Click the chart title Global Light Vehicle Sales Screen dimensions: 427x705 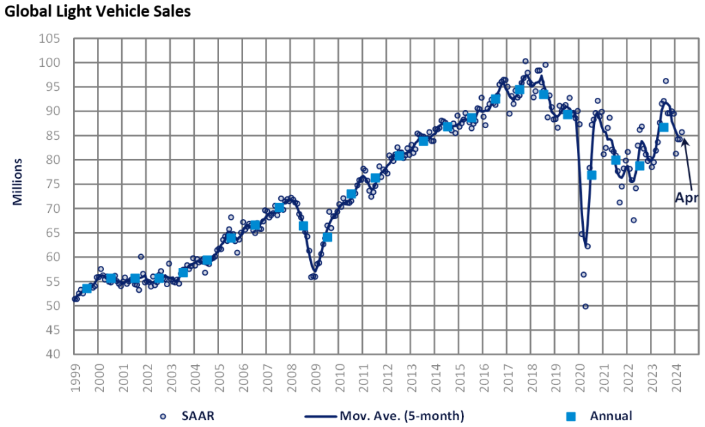(x=97, y=12)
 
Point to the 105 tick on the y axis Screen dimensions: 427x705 (x=55, y=39)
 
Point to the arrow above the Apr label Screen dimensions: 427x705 (x=685, y=162)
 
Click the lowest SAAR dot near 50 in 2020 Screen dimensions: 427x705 (x=585, y=306)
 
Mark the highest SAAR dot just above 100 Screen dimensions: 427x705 (x=525, y=61)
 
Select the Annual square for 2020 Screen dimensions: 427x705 (x=591, y=175)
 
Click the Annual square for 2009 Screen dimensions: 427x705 (x=327, y=237)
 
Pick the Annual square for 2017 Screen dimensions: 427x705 (x=519, y=90)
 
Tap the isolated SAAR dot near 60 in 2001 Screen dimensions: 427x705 (x=140, y=257)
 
